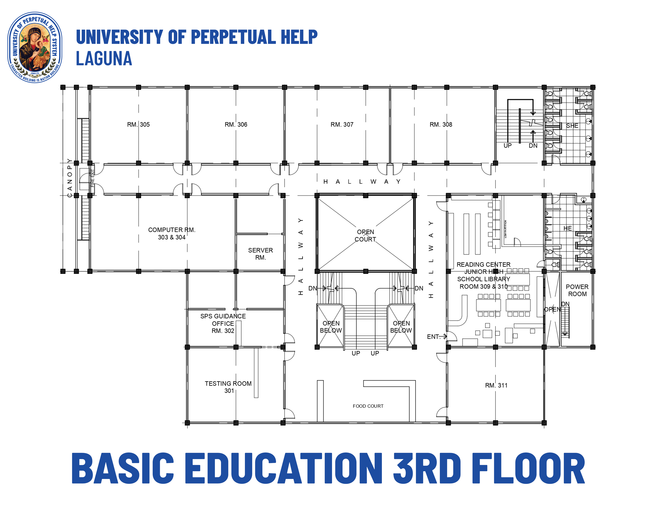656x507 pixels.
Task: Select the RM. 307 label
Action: (x=342, y=124)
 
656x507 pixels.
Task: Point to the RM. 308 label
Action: (x=441, y=124)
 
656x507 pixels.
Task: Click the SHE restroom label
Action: (x=572, y=125)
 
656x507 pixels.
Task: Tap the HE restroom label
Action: (x=567, y=228)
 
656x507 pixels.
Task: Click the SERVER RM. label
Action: (x=260, y=254)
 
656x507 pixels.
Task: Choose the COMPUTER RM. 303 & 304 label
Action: (x=172, y=233)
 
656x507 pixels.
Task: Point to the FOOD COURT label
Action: (x=368, y=406)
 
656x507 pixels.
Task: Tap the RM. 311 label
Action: (x=496, y=385)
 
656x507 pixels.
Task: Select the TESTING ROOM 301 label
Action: (x=228, y=387)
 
